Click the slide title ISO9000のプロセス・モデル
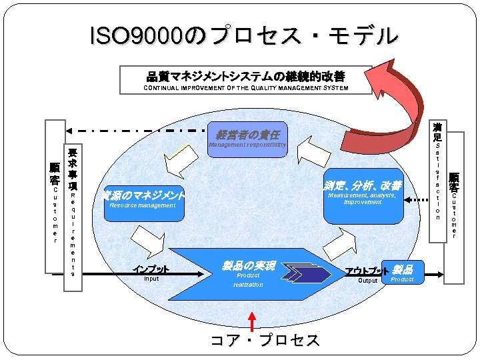tap(243, 36)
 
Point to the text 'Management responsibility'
tap(247, 145)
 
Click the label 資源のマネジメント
tap(143, 195)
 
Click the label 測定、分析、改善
tap(363, 185)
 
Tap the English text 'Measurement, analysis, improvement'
tap(363, 199)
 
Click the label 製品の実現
tap(248, 265)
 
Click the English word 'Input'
tap(151, 279)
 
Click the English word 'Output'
tap(368, 281)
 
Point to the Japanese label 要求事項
tap(73, 169)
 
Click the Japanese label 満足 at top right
tap(437, 131)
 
